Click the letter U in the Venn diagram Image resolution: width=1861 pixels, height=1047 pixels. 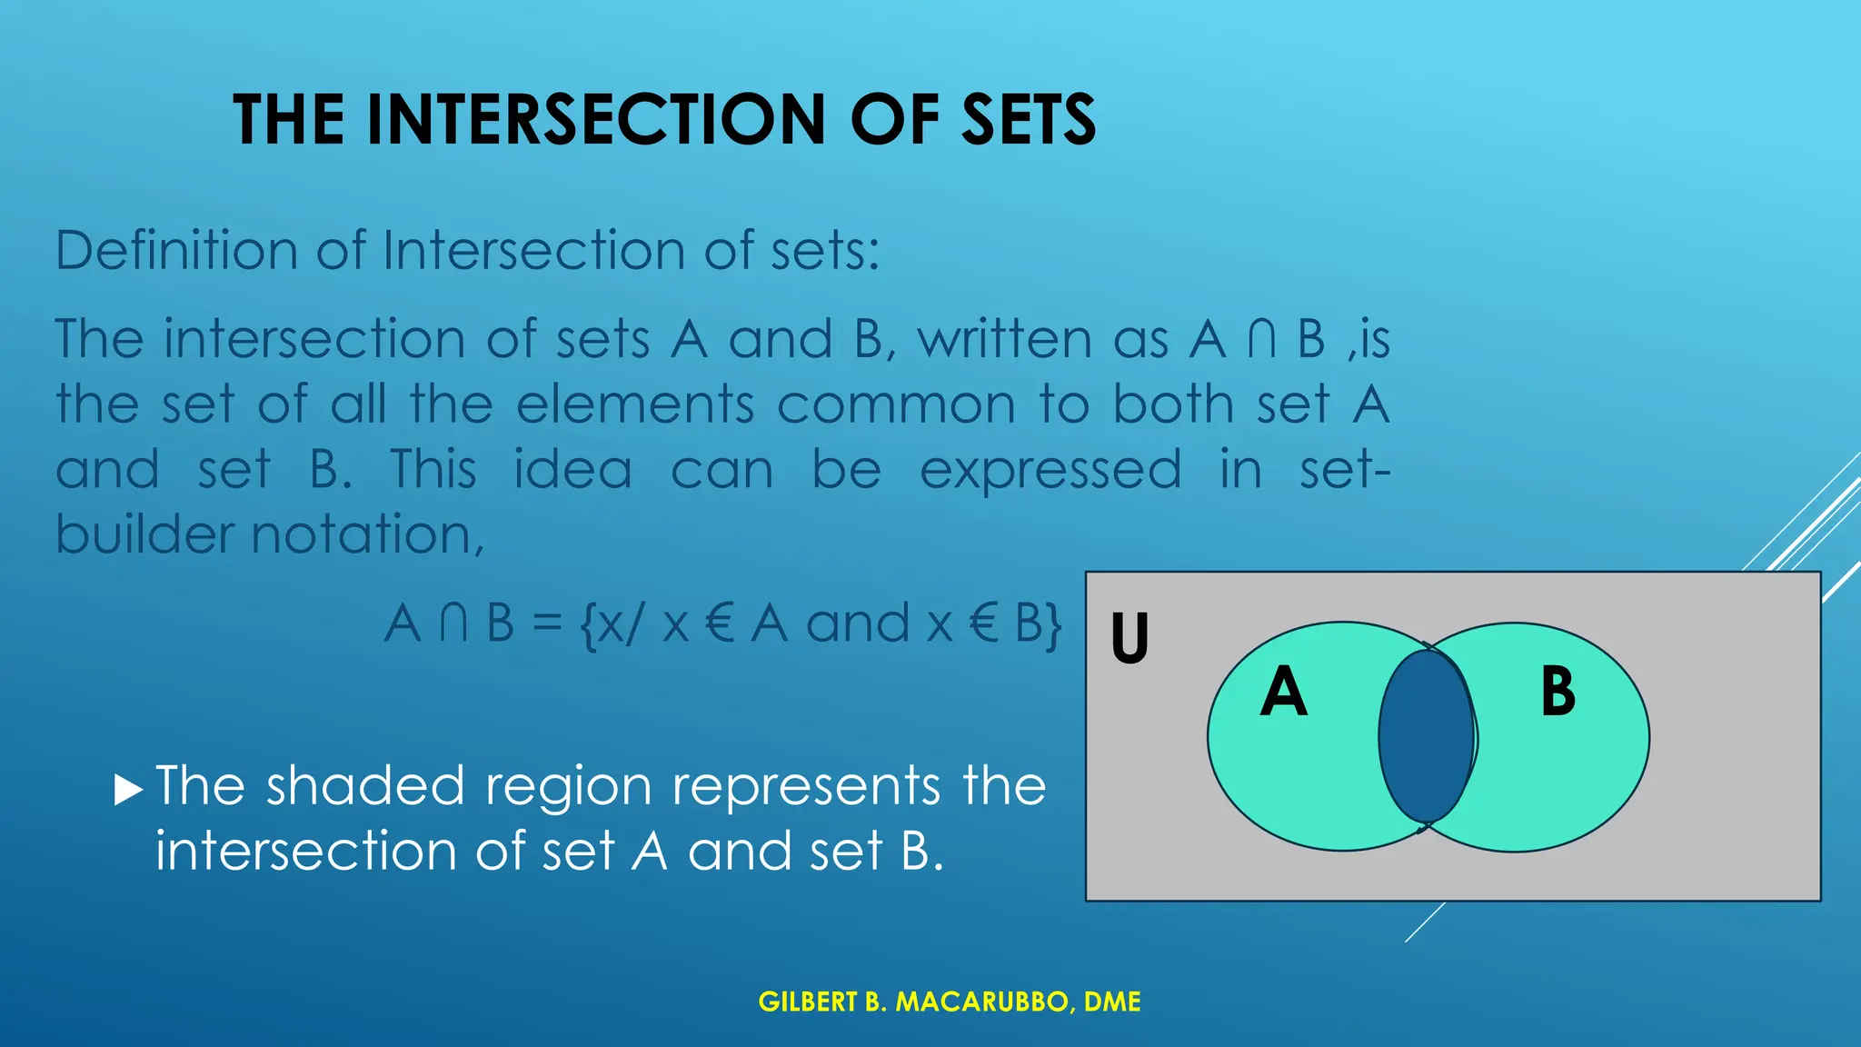(1130, 638)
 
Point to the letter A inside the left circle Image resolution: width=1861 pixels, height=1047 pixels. (1283, 693)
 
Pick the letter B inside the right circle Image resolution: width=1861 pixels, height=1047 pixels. (1557, 693)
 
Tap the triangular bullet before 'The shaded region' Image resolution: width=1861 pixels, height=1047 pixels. (129, 790)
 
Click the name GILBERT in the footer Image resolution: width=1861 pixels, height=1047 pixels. (808, 1002)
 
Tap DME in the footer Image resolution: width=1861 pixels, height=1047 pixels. (1112, 1002)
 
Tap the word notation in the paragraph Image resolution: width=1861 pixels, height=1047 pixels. (367, 534)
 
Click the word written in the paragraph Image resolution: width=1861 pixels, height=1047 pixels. (1003, 339)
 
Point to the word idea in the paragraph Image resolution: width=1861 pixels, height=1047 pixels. (572, 470)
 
